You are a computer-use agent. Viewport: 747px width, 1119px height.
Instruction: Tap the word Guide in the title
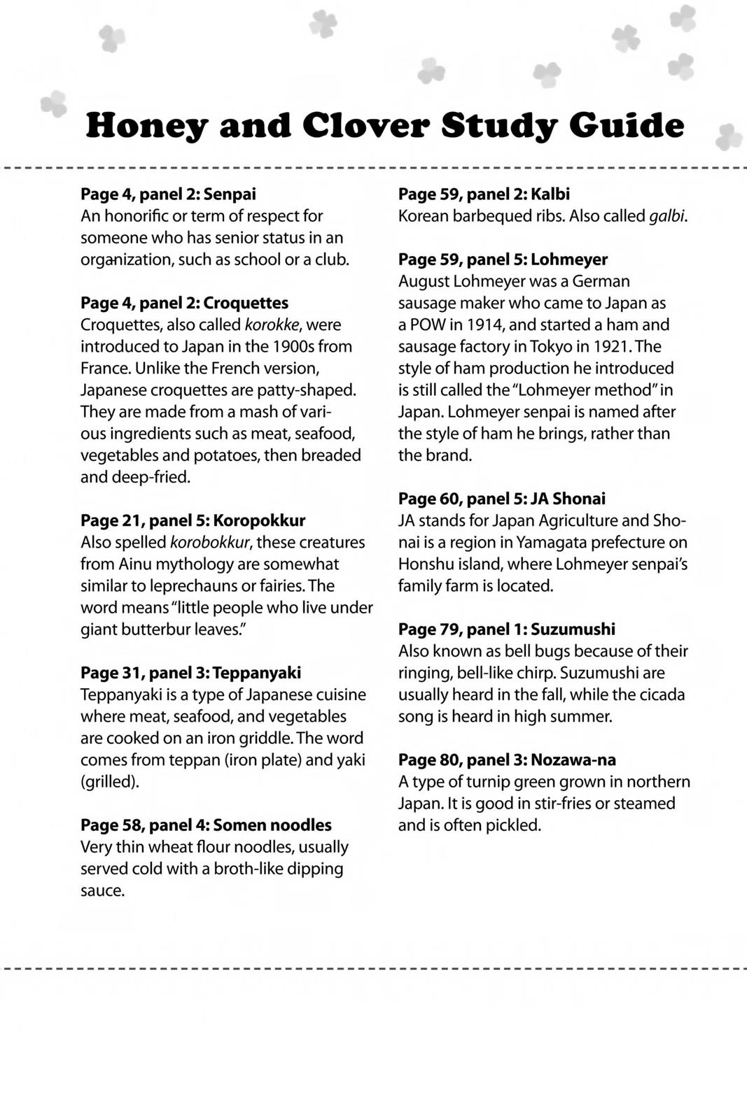[x=627, y=126]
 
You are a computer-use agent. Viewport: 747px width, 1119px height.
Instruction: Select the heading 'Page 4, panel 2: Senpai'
[x=168, y=194]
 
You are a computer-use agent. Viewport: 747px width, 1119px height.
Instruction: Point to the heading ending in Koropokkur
[x=193, y=520]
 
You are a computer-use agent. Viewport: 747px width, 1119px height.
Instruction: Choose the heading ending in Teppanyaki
[x=190, y=673]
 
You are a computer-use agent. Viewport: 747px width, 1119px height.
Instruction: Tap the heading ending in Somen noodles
[x=206, y=825]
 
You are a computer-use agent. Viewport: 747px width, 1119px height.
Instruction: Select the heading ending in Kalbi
[x=484, y=194]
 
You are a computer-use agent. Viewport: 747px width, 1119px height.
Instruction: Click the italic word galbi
[x=667, y=216]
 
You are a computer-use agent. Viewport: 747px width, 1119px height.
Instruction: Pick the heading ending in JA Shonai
[x=501, y=499]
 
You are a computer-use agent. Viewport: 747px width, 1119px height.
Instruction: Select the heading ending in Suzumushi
[x=507, y=629]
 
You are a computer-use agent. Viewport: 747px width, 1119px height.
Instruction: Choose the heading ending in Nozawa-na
[x=507, y=760]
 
